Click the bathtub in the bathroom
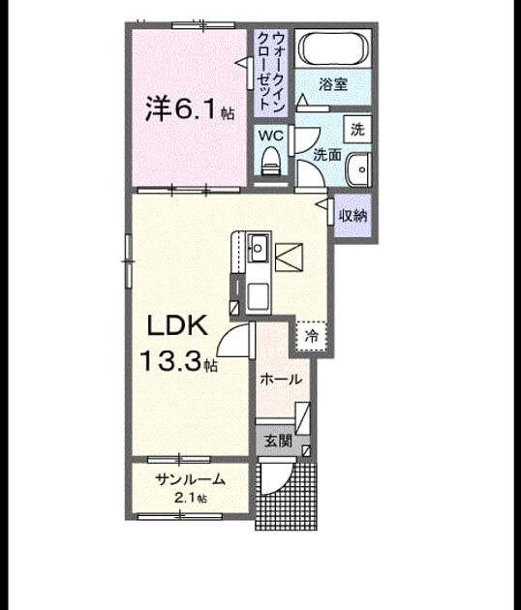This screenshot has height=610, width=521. click(333, 47)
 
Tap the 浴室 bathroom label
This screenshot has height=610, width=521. click(333, 84)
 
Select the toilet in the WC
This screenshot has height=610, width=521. click(271, 161)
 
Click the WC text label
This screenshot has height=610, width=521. click(271, 136)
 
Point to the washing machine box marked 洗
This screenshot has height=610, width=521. click(357, 129)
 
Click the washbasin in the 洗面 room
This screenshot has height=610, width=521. click(358, 169)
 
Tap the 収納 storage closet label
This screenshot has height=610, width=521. click(352, 215)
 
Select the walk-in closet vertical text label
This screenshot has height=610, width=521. click(271, 73)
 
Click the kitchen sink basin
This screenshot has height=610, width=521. click(258, 248)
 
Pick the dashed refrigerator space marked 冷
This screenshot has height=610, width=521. click(311, 336)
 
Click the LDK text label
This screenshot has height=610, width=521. click(177, 326)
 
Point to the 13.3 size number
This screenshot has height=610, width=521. click(170, 361)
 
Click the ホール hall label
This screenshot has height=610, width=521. click(281, 379)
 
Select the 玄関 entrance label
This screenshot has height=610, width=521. click(279, 442)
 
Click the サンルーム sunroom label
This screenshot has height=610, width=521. click(190, 479)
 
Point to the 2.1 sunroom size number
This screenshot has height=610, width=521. click(185, 498)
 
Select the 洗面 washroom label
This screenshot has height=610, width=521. click(327, 155)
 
